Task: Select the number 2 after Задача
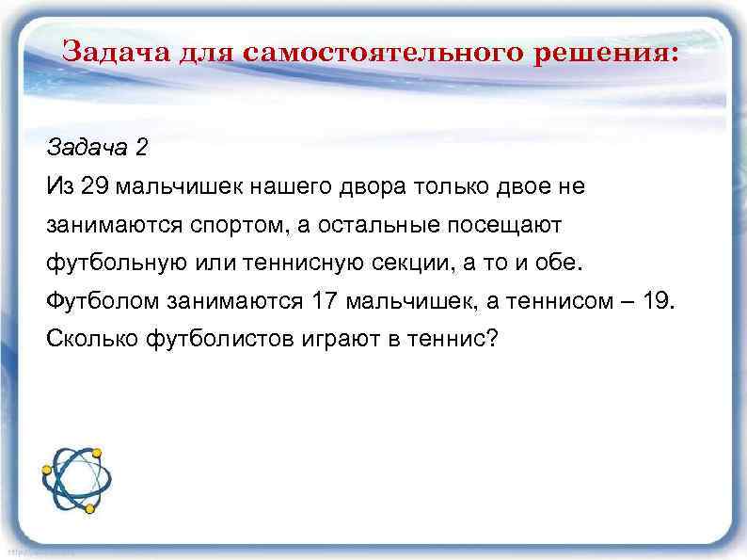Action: point(142,149)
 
